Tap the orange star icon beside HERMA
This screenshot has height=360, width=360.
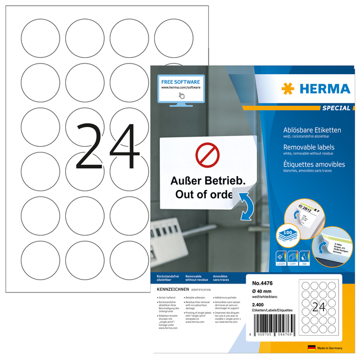pyautogui.click(x=288, y=89)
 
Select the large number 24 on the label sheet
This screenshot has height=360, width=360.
pyautogui.click(x=107, y=147)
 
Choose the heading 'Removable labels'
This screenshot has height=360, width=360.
pyautogui.click(x=308, y=146)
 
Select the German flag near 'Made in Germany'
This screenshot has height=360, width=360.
pyautogui.click(x=311, y=348)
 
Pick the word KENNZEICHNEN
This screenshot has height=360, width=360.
pyautogui.click(x=172, y=288)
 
